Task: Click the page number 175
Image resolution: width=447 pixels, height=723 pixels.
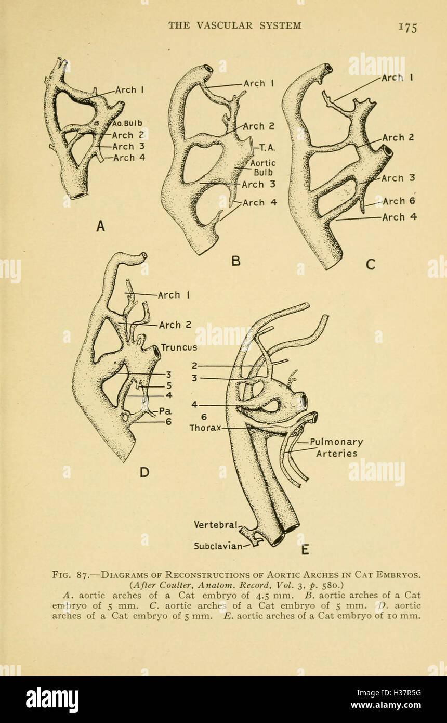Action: click(407, 27)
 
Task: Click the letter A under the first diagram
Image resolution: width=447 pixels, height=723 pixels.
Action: click(101, 226)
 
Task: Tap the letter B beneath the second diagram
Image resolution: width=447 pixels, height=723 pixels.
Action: click(236, 261)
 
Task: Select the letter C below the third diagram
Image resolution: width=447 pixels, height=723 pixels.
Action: click(370, 264)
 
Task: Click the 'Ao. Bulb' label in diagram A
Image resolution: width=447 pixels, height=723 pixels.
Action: click(128, 123)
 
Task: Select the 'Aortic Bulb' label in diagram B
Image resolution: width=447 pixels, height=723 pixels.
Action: click(264, 168)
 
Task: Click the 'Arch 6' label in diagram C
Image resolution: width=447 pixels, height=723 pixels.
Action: click(399, 201)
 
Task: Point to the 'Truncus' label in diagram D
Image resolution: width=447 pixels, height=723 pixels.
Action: click(179, 347)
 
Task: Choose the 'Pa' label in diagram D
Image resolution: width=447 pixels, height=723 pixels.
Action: click(165, 410)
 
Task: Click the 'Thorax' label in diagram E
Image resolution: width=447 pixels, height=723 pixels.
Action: click(205, 428)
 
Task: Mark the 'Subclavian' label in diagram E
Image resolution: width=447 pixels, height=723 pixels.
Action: click(218, 546)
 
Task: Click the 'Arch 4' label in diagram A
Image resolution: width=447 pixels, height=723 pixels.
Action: click(129, 158)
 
